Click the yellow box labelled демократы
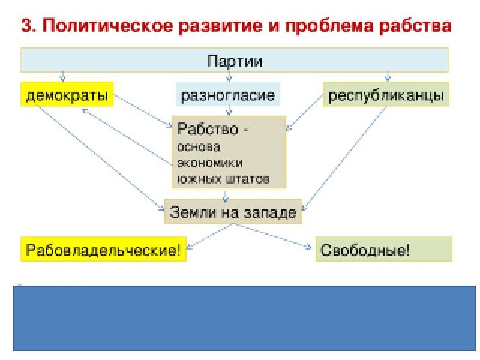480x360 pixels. click(x=67, y=94)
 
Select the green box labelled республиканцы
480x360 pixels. click(x=386, y=94)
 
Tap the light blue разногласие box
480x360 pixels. click(x=228, y=94)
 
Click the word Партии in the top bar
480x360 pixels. click(x=235, y=61)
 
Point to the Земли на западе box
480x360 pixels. click(x=233, y=212)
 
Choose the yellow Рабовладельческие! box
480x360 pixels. click(x=103, y=249)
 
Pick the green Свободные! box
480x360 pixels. click(x=384, y=249)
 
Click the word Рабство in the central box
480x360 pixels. click(x=208, y=129)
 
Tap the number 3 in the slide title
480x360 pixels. click(x=27, y=25)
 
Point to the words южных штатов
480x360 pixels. click(x=223, y=178)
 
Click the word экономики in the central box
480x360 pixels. click(x=210, y=163)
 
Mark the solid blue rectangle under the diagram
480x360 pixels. click(x=244, y=318)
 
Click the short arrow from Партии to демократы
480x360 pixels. click(x=63, y=77)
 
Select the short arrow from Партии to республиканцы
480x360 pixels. click(x=388, y=77)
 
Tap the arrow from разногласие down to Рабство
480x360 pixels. click(x=229, y=110)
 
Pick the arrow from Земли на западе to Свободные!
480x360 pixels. click(x=273, y=236)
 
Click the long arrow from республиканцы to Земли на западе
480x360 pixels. click(x=344, y=158)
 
